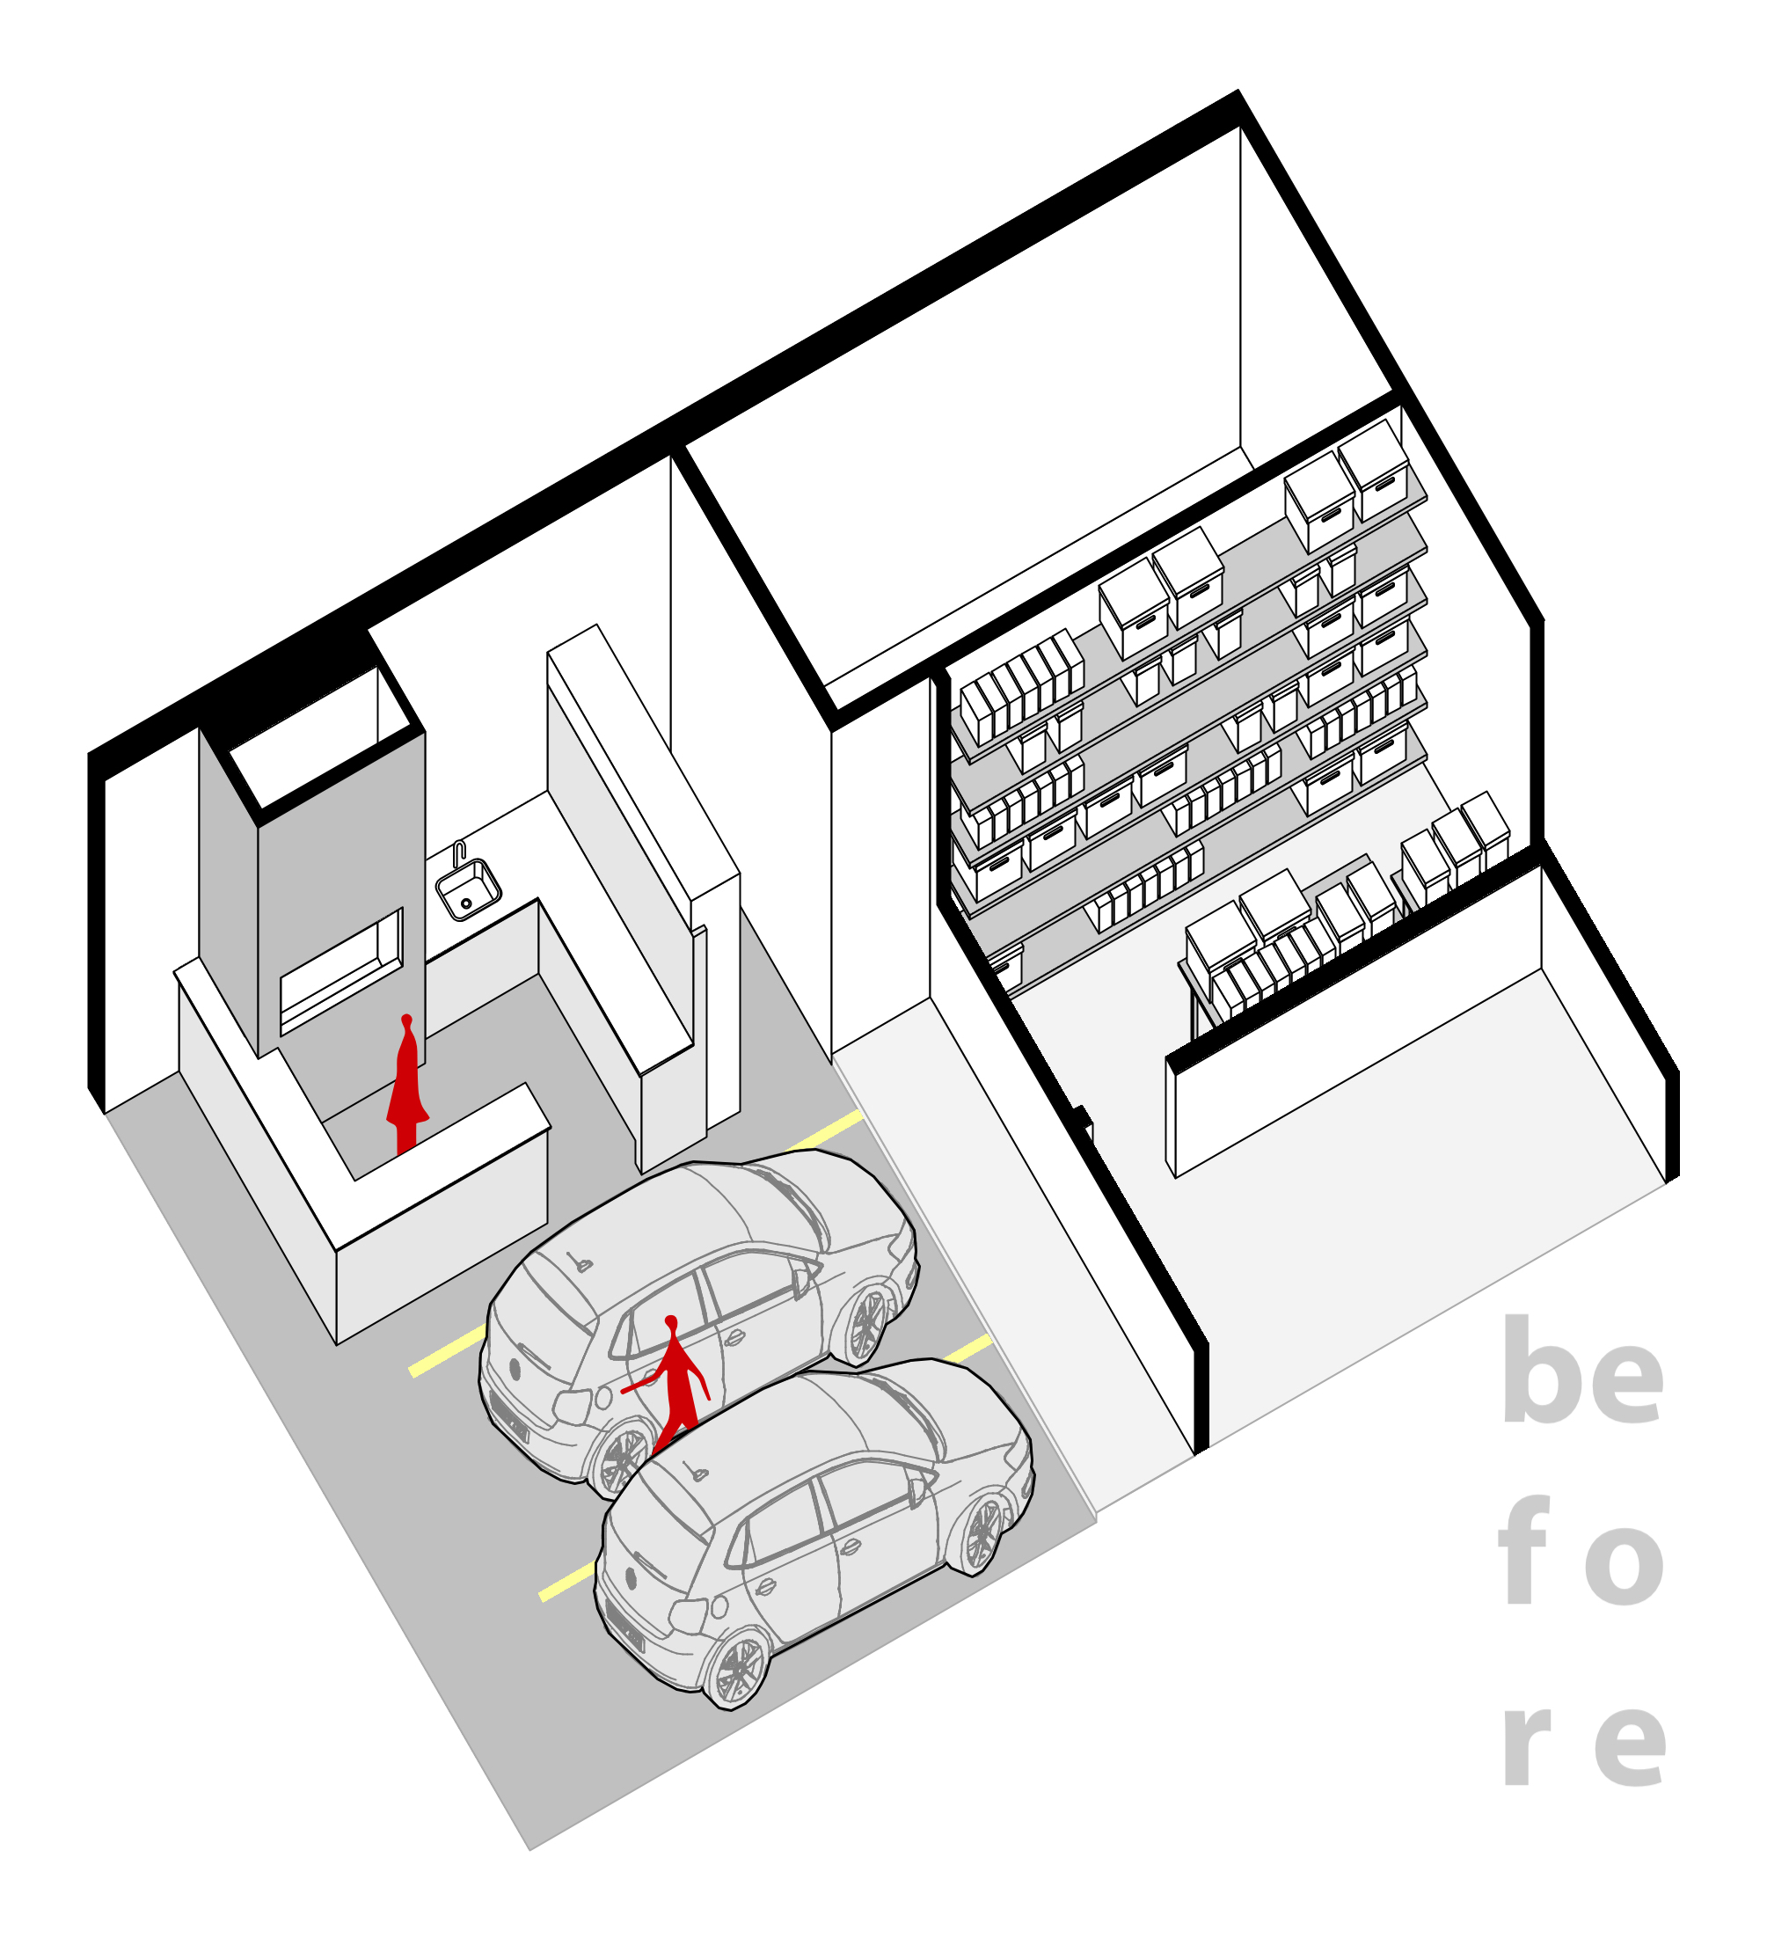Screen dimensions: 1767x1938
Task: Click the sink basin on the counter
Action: pyautogui.click(x=468, y=890)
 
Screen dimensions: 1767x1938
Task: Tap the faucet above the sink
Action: pyautogui.click(x=458, y=852)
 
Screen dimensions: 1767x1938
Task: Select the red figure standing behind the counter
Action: pyautogui.click(x=407, y=1085)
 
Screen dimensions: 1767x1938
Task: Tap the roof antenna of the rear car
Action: pyautogui.click(x=580, y=1262)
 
